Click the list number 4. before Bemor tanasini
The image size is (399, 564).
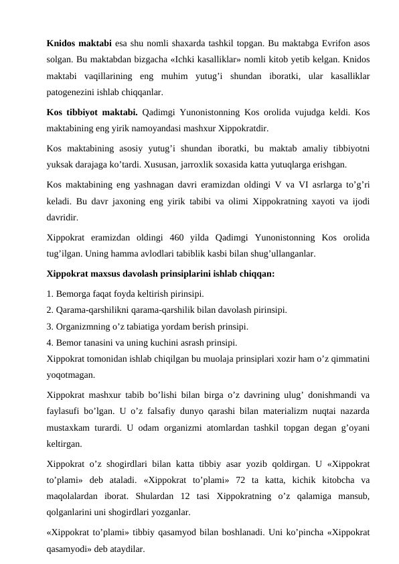(51, 343)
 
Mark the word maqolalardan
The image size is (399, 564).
(76, 496)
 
